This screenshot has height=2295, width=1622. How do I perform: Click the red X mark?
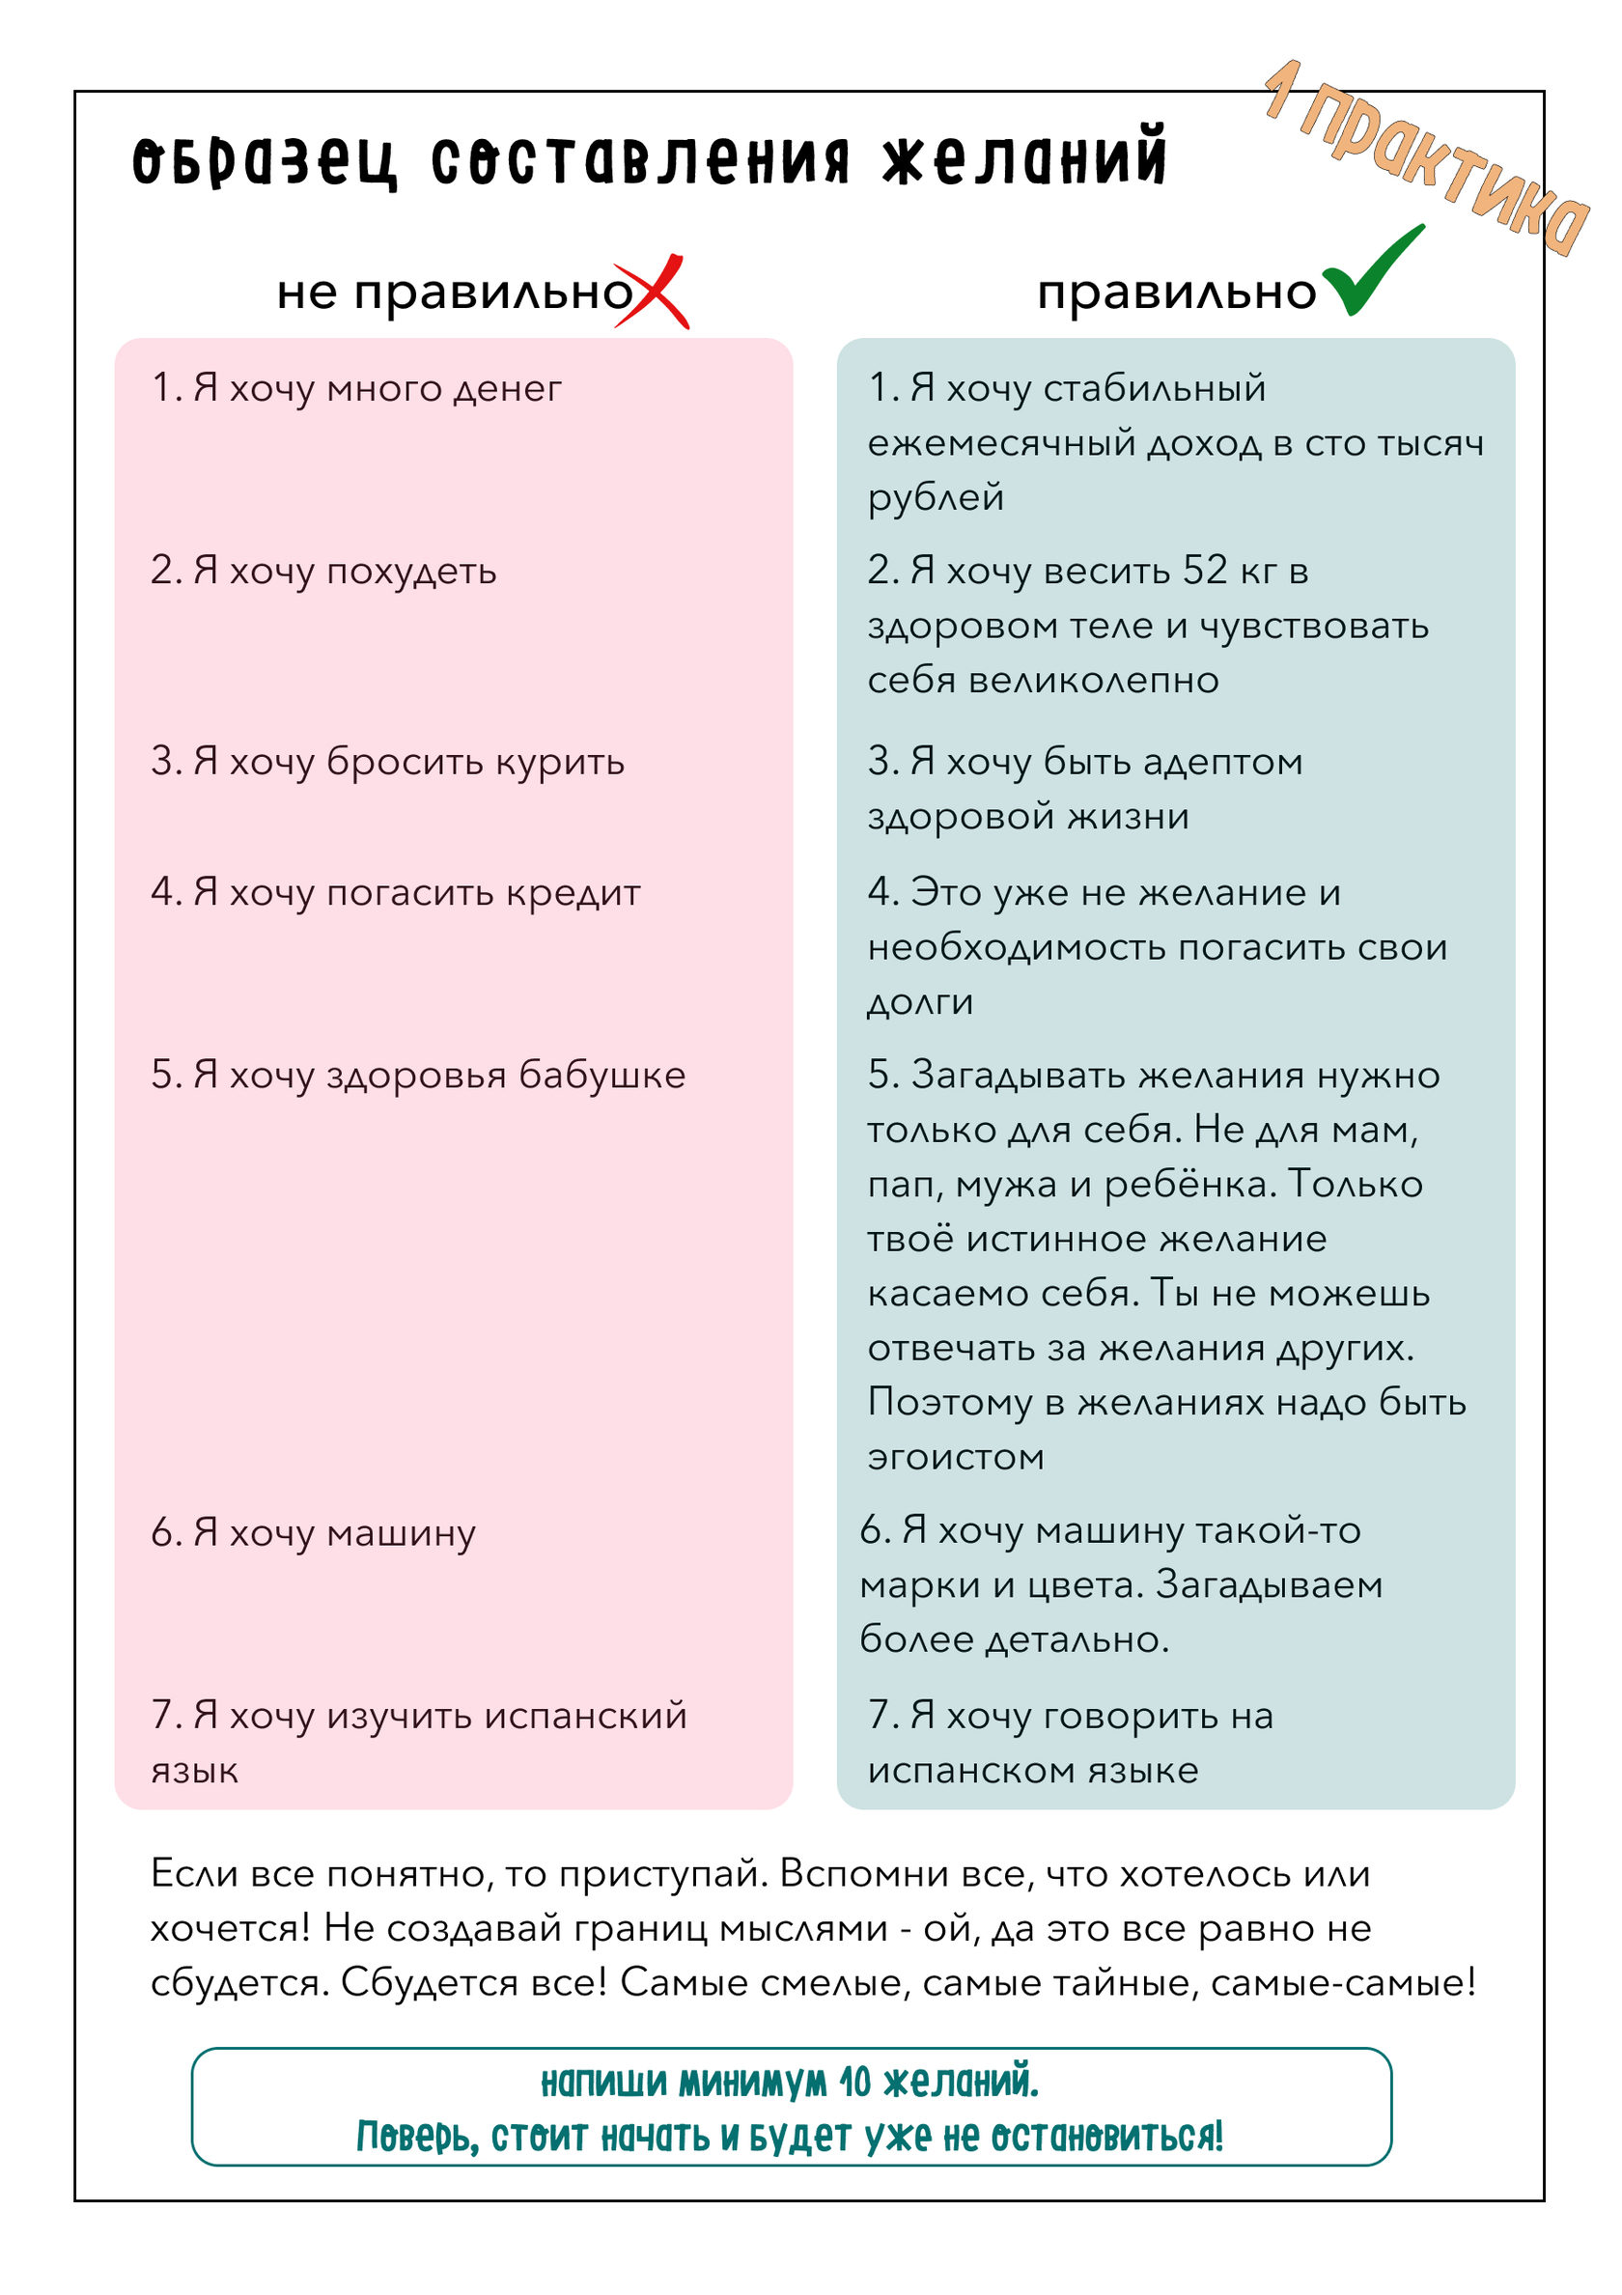[x=652, y=292]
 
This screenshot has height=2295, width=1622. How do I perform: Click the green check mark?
[x=1371, y=273]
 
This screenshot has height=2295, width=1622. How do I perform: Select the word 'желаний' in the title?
[x=1023, y=158]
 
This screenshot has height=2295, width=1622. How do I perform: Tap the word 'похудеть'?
[x=411, y=572]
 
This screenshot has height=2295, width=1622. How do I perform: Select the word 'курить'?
[x=560, y=762]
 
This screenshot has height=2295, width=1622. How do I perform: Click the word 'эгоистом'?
[x=956, y=1457]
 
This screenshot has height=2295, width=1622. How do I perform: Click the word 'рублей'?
[x=936, y=498]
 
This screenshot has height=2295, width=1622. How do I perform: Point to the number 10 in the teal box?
[x=854, y=2084]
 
